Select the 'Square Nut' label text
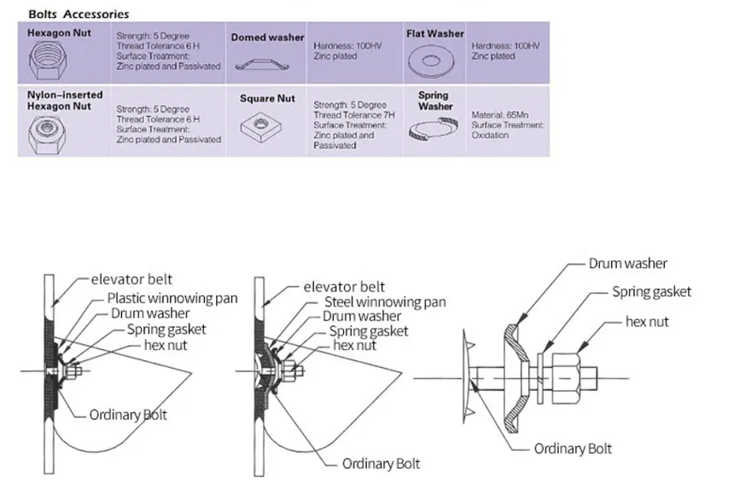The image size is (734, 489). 267,99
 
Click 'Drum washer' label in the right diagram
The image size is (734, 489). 627,264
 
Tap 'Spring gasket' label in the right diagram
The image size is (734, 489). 651,292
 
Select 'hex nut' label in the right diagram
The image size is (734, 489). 651,323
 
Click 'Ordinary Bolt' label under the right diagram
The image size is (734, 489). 573,448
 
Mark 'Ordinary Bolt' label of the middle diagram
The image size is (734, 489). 381,464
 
